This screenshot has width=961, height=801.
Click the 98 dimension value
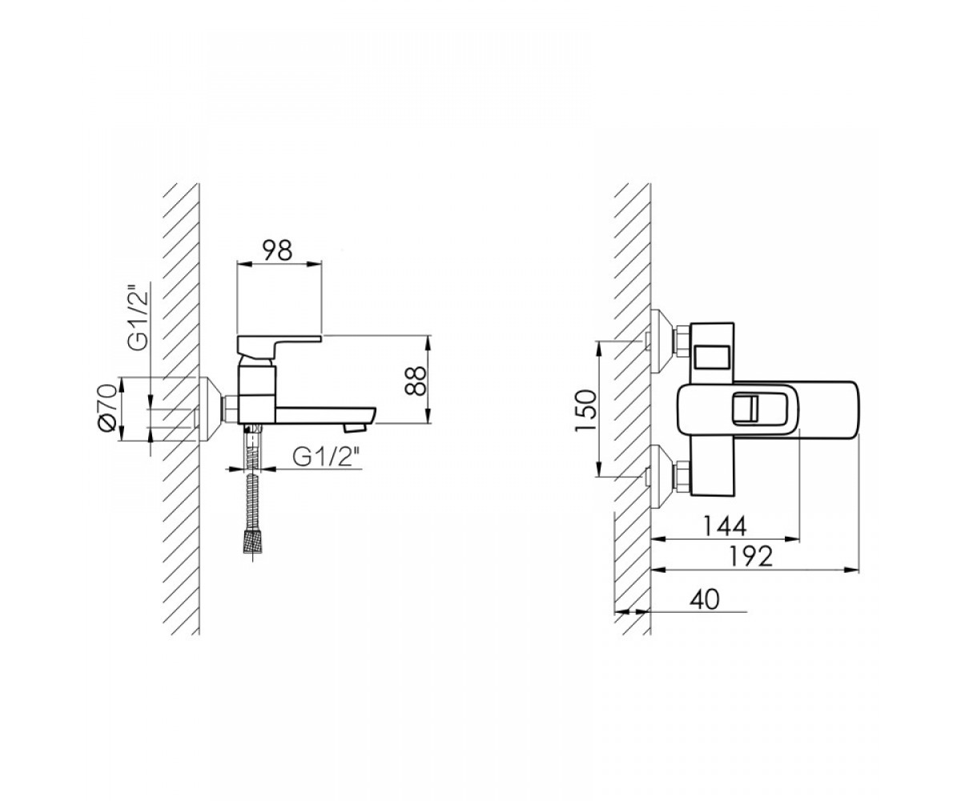tap(277, 251)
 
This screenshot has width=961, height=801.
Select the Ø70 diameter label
tap(107, 408)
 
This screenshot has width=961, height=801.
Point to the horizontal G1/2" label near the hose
tap(326, 457)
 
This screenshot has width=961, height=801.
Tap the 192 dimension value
tap(750, 557)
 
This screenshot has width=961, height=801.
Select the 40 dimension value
tap(704, 600)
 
